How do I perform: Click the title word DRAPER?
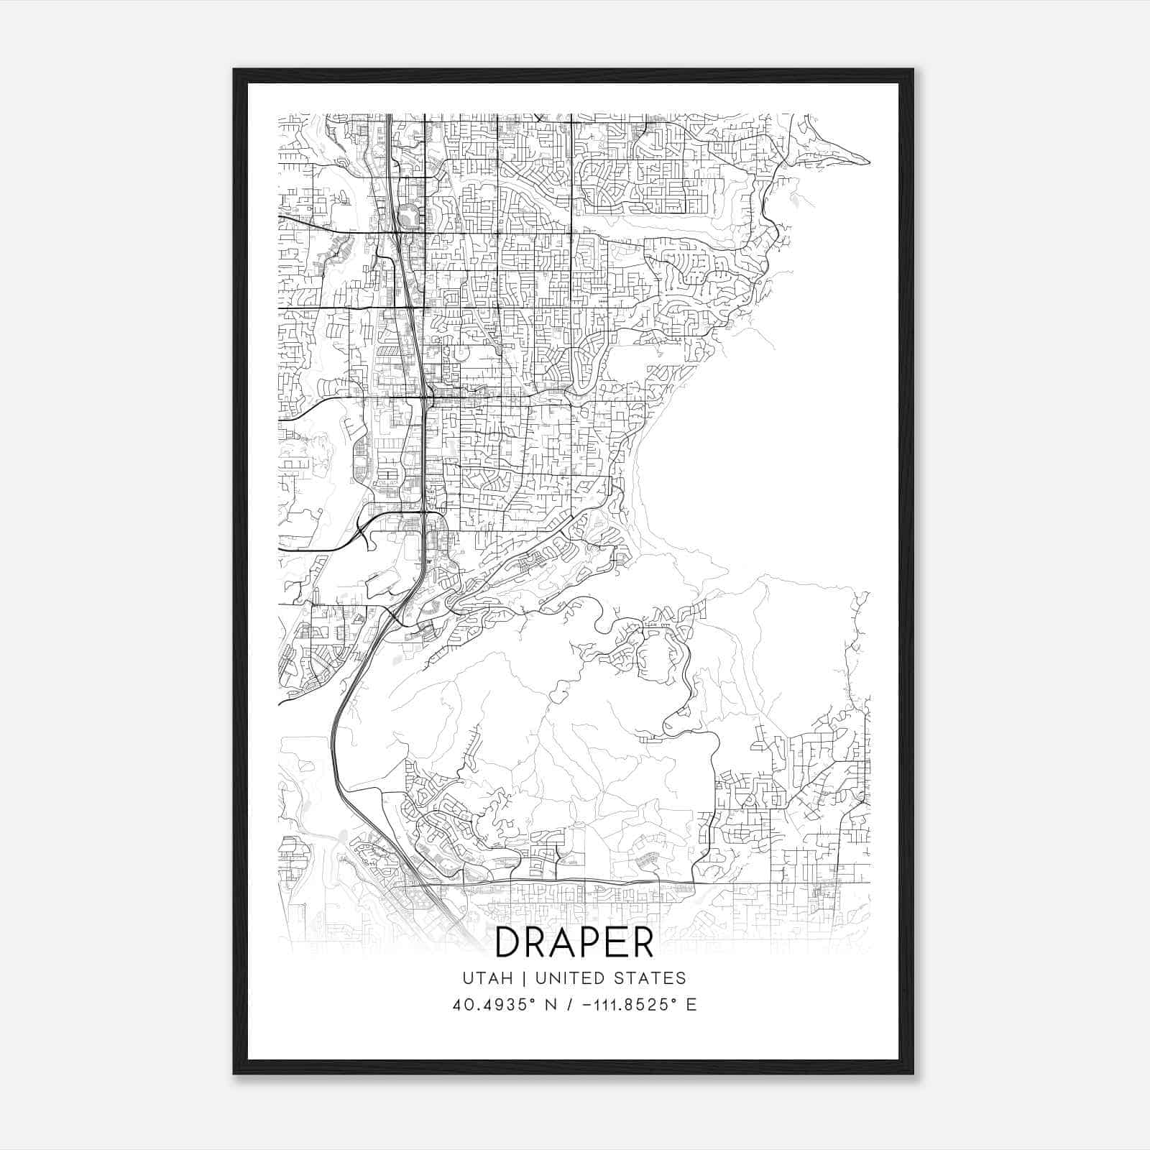[574, 942]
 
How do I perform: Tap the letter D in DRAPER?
[508, 942]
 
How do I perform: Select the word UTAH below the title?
[487, 978]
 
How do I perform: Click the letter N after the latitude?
[551, 1005]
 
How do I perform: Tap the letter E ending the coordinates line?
[691, 1005]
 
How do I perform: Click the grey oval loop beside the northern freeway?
[408, 214]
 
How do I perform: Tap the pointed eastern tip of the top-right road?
[869, 162]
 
